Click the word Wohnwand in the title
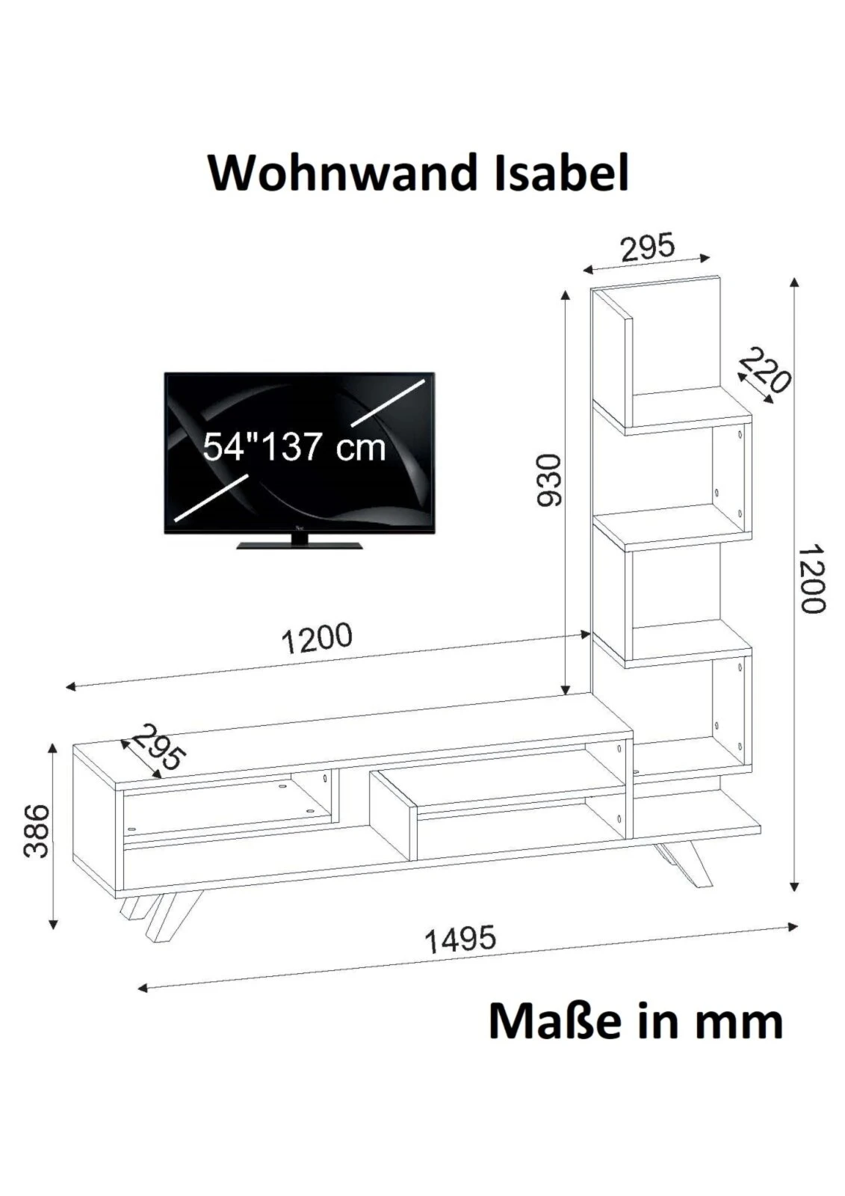343,173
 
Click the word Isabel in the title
562,173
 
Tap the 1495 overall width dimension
460,940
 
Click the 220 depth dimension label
764,371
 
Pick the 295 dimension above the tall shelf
648,247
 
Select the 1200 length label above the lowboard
317,639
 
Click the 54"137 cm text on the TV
294,446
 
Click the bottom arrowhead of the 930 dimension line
566,688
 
